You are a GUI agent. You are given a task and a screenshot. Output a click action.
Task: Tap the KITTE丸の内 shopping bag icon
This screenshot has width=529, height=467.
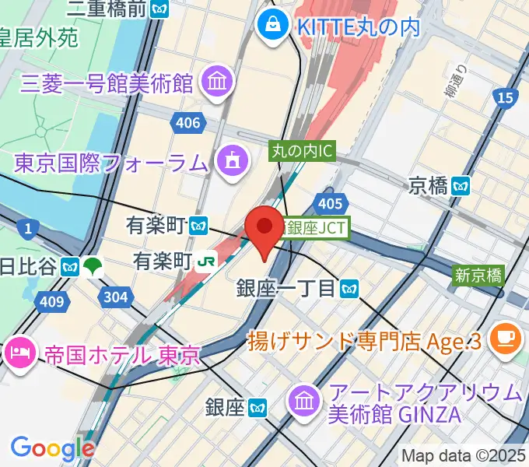coord(274,26)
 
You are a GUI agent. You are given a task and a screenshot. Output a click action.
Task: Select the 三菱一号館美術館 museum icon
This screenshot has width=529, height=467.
coord(213,80)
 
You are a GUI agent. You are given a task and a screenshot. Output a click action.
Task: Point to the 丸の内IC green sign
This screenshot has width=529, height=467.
coord(303,150)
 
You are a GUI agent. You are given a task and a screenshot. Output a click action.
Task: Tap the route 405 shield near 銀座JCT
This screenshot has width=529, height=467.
coord(331,203)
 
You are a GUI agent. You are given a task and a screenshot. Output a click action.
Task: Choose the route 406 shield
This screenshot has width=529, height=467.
coord(187,122)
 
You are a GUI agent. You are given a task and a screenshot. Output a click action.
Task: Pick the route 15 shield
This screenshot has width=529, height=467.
coord(505,97)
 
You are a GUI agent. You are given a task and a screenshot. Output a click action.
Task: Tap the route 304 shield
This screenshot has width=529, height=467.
coord(116,296)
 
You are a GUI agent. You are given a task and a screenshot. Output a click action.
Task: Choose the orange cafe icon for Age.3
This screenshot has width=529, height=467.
coord(506,338)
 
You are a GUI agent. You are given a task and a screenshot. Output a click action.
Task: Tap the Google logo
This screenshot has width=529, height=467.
coord(52,448)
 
